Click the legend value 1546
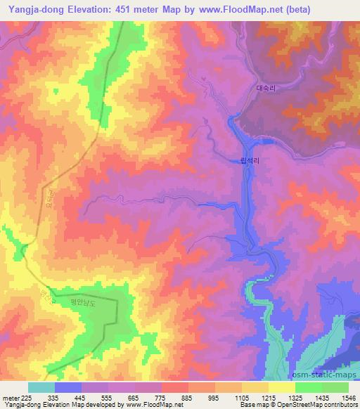[347, 397]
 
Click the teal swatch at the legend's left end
[41, 387]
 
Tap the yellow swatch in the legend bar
[281, 387]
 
